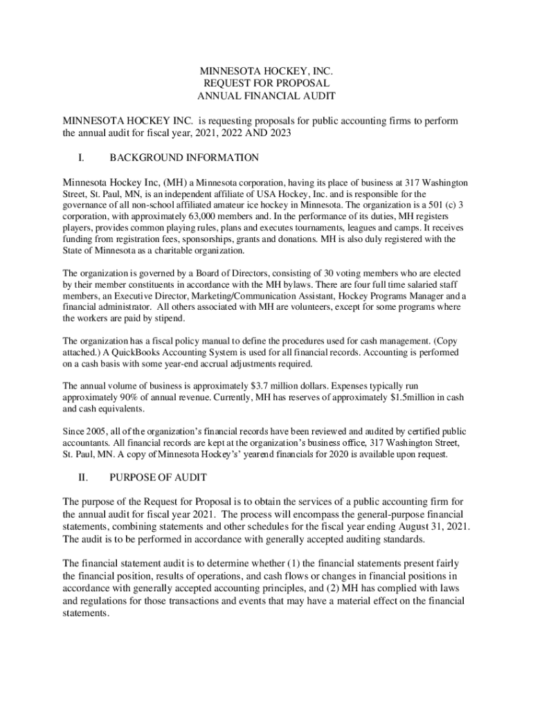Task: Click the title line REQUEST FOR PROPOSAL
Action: (x=266, y=83)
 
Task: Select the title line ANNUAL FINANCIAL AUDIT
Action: (x=266, y=96)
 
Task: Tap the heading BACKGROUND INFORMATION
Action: (x=184, y=158)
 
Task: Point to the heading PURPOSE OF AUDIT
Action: (x=158, y=478)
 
